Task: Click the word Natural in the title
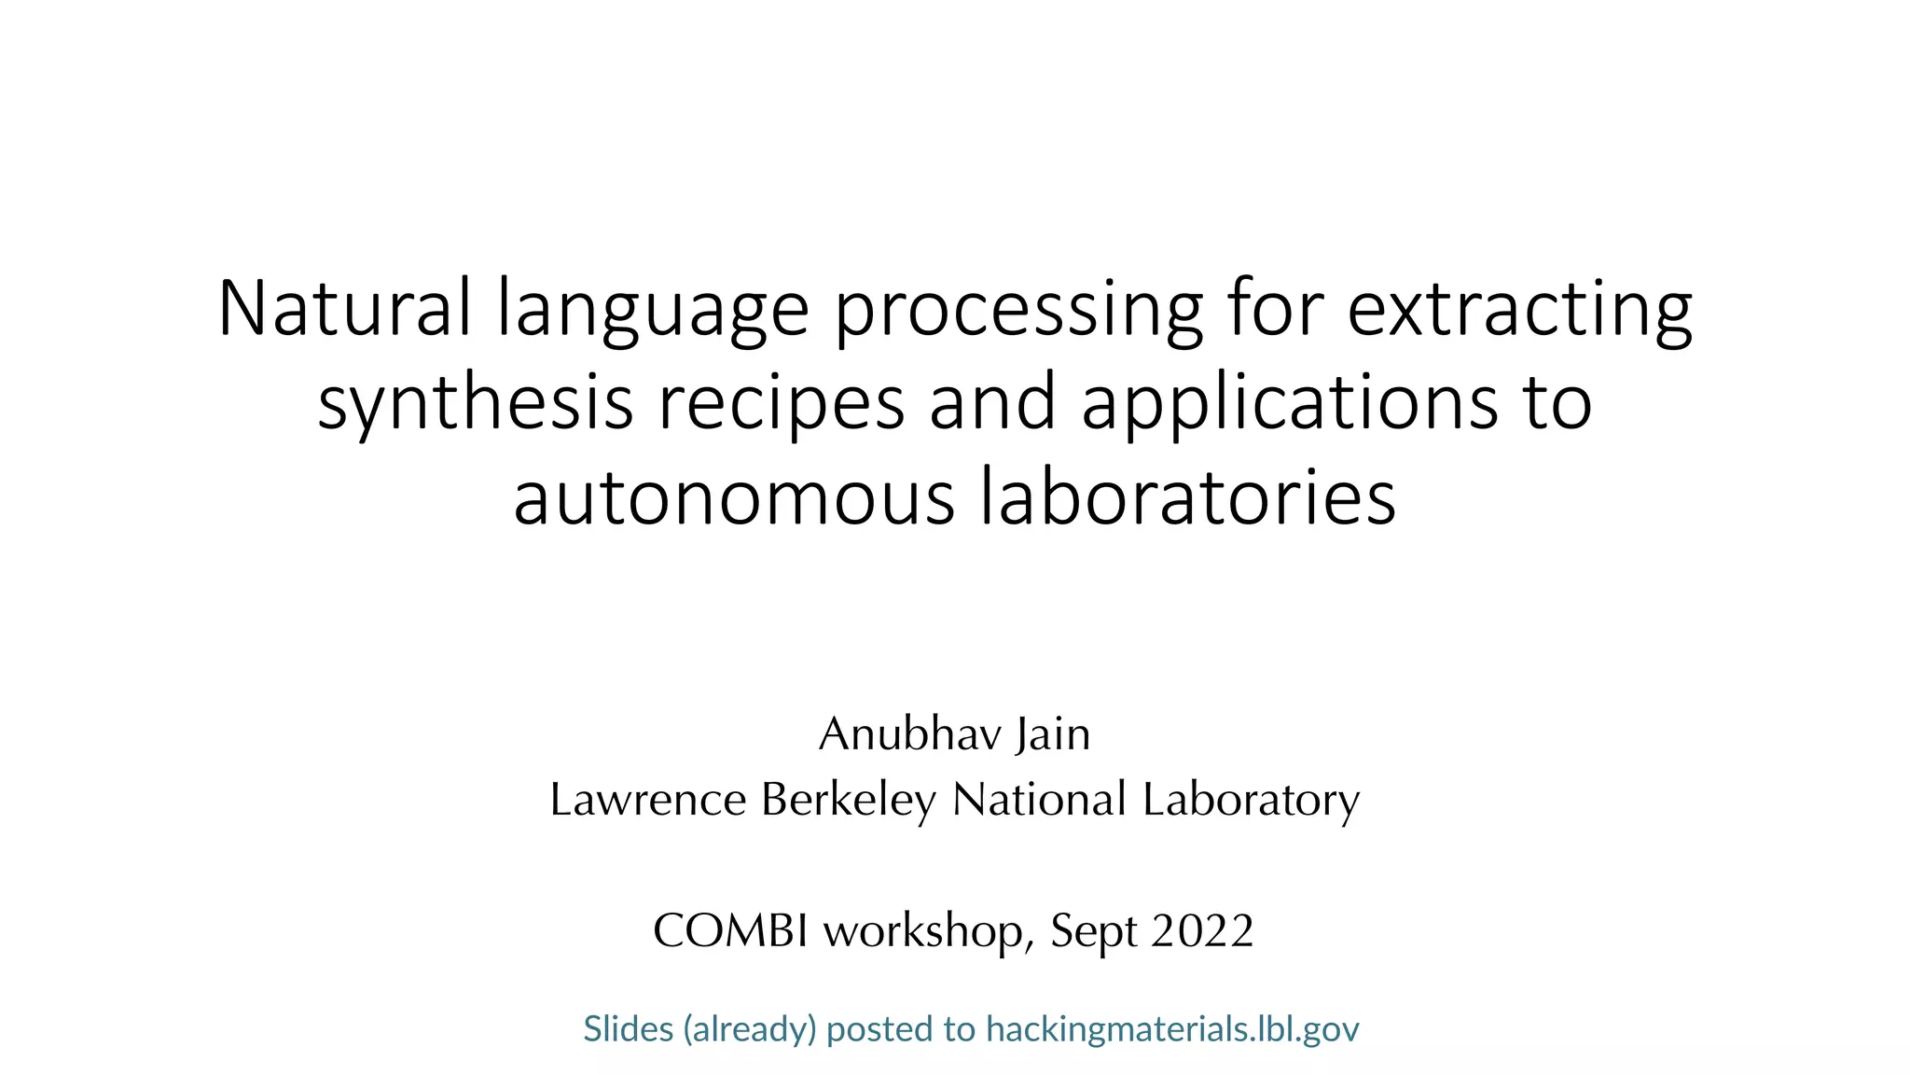pyautogui.click(x=343, y=308)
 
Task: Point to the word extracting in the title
pyautogui.click(x=1519, y=310)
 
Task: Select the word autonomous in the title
pyautogui.click(x=734, y=496)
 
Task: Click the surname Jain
pyautogui.click(x=1053, y=734)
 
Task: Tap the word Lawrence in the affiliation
pyautogui.click(x=648, y=800)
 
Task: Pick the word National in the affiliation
pyautogui.click(x=1039, y=800)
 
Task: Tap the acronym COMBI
pyautogui.click(x=730, y=930)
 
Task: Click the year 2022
pyautogui.click(x=1202, y=930)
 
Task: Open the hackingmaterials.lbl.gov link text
pyautogui.click(x=1172, y=1029)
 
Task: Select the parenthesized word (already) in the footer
pyautogui.click(x=750, y=1029)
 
